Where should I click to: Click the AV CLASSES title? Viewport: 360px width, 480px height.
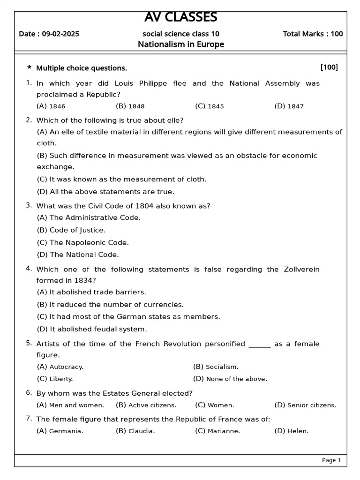(180, 17)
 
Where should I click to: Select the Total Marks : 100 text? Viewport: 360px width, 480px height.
(313, 34)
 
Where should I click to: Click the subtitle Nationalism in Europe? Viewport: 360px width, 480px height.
(180, 45)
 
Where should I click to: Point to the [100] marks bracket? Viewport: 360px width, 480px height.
(329, 67)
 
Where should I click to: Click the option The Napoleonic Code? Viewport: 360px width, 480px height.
(82, 242)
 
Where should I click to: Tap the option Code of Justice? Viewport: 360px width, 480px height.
(71, 230)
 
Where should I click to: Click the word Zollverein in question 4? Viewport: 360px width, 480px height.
(302, 269)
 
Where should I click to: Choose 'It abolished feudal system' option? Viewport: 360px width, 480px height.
(92, 329)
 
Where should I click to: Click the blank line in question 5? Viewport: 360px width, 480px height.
(260, 345)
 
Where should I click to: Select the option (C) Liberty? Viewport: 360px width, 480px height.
(55, 379)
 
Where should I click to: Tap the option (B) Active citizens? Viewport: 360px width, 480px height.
(146, 405)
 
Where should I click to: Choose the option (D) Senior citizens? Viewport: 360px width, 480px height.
(305, 405)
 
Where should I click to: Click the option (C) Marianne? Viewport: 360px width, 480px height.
(217, 431)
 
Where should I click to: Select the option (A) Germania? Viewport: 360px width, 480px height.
(60, 431)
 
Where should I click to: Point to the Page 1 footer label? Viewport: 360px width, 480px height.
(331, 460)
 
